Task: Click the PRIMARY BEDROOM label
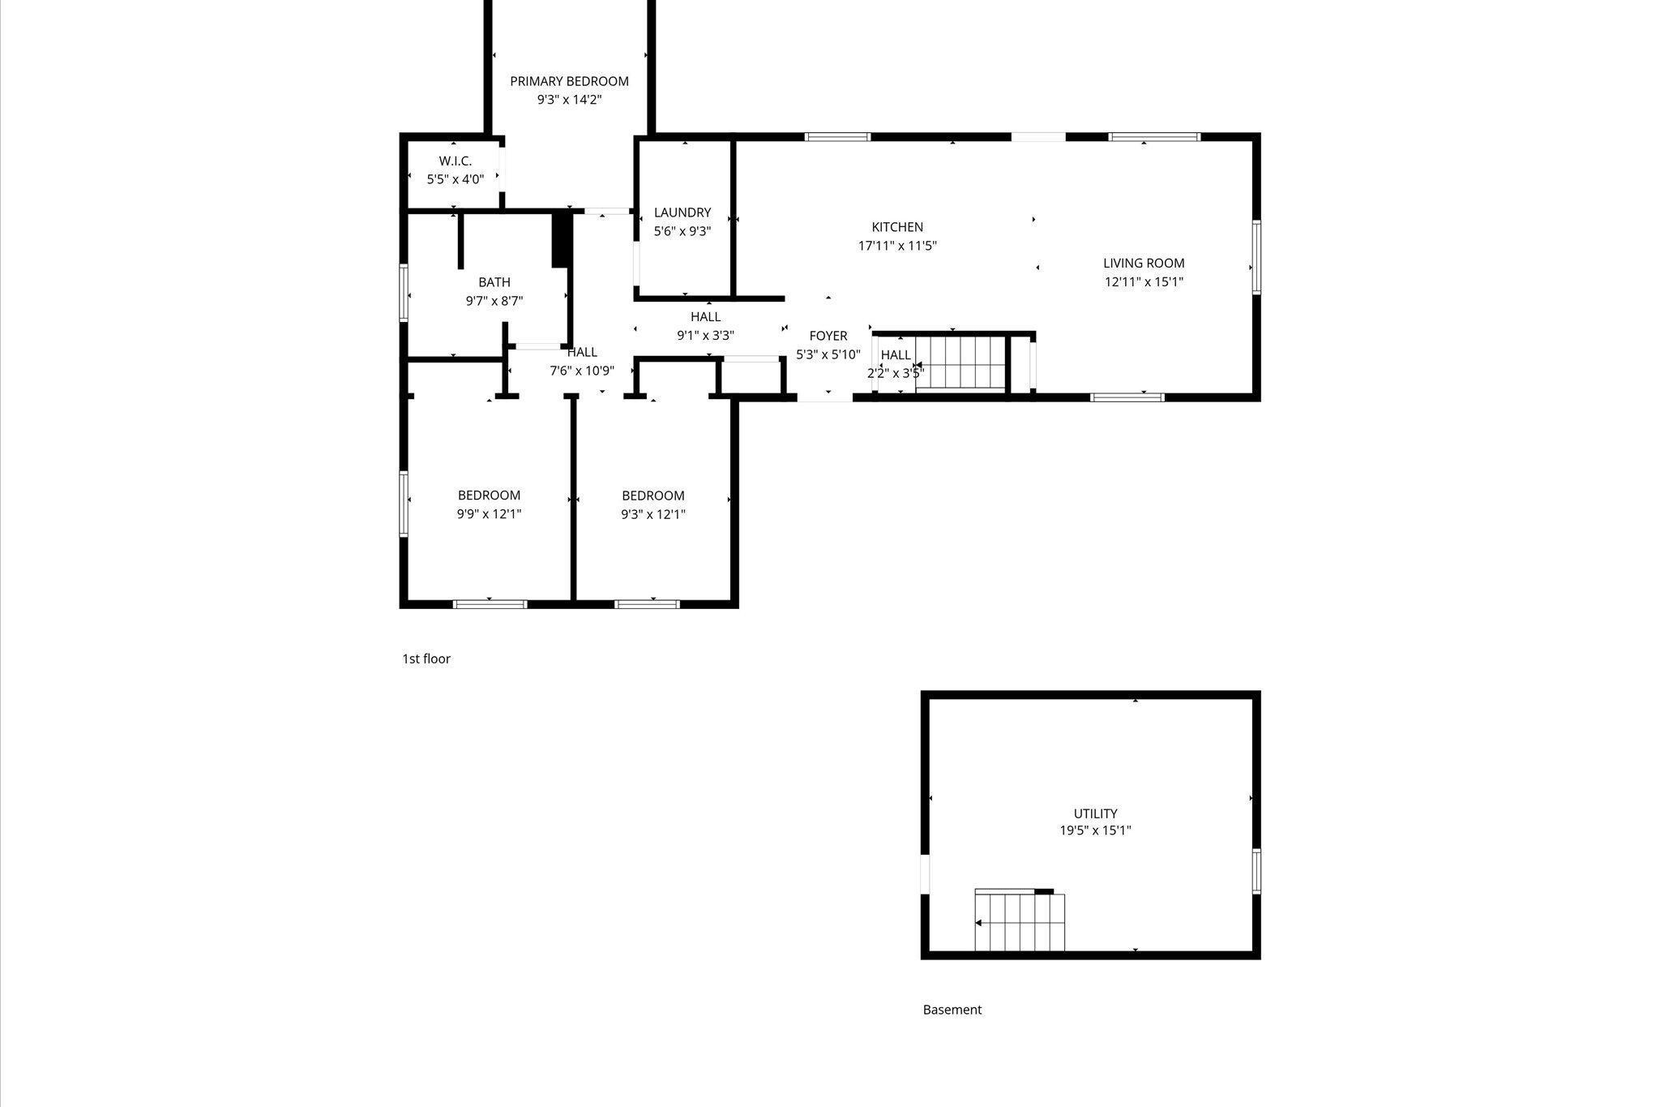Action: pos(569,81)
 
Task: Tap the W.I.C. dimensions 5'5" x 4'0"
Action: pos(456,179)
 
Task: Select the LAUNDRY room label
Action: pos(682,212)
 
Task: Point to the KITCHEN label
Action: pos(897,227)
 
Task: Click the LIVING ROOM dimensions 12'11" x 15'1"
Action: pos(1144,282)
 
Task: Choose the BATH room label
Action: pos(494,282)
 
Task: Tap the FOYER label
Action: pos(828,336)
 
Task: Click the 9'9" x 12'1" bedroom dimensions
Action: pos(489,514)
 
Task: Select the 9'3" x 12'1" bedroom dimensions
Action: pos(653,514)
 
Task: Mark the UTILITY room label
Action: pos(1095,813)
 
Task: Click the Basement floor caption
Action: pos(952,1010)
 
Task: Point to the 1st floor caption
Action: pos(426,659)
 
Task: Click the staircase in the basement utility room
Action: pos(1020,922)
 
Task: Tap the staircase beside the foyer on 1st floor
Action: pos(960,363)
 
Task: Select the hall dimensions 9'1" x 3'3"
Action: pos(705,335)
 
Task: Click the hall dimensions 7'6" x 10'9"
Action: pos(582,371)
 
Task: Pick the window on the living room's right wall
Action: pos(1256,256)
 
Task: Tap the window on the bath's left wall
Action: pos(404,293)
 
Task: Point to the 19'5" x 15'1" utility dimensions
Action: pos(1095,830)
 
